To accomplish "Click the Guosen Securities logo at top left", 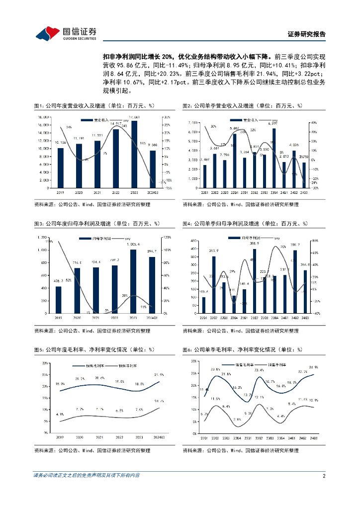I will pyautogui.click(x=66, y=33).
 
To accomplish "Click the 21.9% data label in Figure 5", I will pyautogui.click(x=159, y=375).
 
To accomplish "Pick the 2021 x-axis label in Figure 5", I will pyautogui.click(x=99, y=437).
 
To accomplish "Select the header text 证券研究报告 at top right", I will pyautogui.click(x=307, y=34).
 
